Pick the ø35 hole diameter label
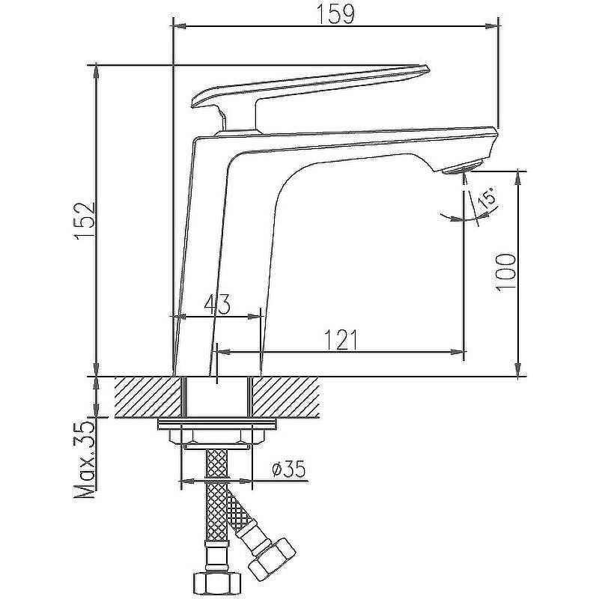tap(288, 469)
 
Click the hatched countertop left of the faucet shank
tap(148, 397)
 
